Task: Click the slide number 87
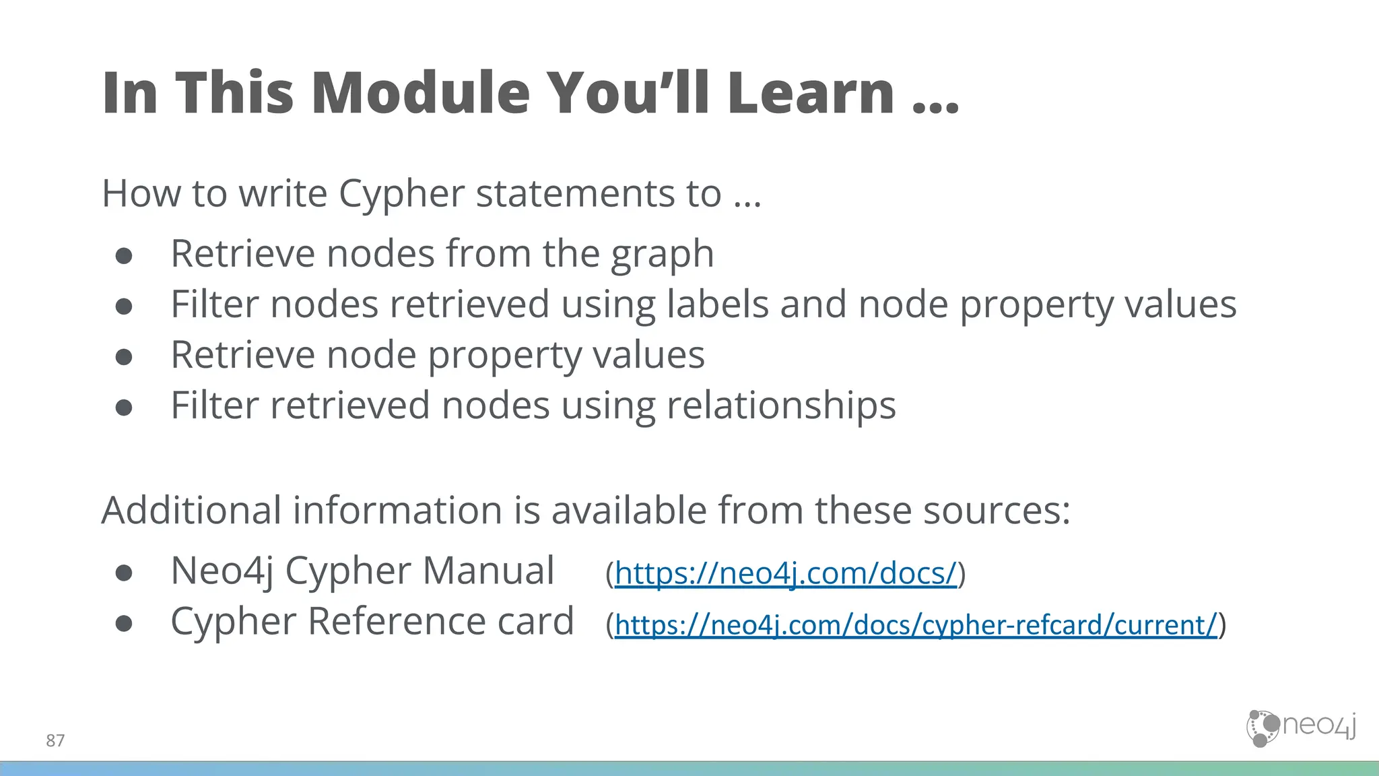(x=55, y=741)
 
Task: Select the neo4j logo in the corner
(x=1301, y=727)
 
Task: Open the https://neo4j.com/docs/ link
(x=785, y=573)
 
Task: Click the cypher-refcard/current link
(x=916, y=625)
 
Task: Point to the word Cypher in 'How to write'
(x=401, y=194)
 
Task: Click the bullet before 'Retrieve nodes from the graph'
(x=124, y=255)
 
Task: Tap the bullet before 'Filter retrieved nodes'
(x=124, y=408)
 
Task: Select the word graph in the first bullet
(x=662, y=255)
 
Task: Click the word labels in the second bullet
(x=718, y=304)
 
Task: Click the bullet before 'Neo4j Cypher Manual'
(x=124, y=573)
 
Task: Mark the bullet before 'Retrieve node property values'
(x=124, y=356)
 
